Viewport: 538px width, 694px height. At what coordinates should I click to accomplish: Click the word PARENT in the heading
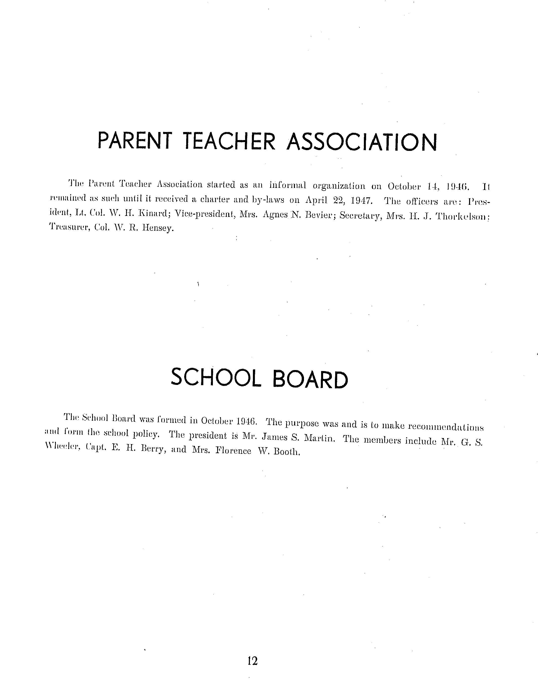pyautogui.click(x=135, y=141)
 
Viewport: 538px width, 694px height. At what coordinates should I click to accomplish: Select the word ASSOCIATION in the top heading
pyautogui.click(x=362, y=142)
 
